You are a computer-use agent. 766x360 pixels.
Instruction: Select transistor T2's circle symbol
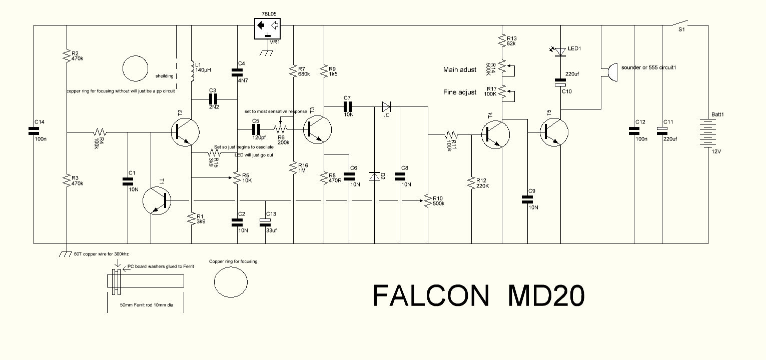(185, 132)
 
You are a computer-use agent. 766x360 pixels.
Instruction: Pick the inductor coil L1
(192, 72)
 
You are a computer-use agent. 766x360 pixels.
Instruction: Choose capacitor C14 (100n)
(34, 131)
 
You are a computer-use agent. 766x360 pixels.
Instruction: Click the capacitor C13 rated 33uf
(265, 221)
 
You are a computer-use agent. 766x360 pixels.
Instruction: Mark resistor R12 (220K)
(471, 183)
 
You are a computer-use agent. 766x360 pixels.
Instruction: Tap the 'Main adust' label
(460, 70)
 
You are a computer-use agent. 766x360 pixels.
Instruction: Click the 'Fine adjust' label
(460, 92)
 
